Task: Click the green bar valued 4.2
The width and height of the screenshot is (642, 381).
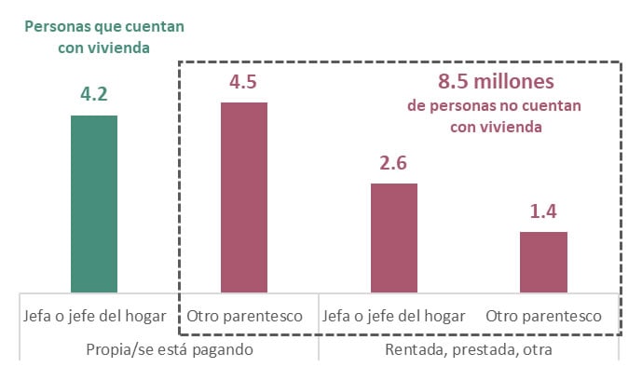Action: (94, 203)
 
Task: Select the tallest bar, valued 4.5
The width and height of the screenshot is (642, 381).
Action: (243, 197)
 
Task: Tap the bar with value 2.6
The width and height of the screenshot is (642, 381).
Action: (394, 238)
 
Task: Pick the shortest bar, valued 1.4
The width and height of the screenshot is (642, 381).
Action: (543, 262)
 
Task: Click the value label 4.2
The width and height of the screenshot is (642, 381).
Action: (94, 93)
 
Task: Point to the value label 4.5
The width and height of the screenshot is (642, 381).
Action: (243, 81)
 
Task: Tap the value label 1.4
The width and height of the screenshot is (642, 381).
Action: (543, 211)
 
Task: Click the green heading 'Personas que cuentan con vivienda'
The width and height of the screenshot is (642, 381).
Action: (103, 36)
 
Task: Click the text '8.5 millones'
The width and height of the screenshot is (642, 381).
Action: (496, 81)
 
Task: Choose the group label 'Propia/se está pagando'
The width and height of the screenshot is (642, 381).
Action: (169, 349)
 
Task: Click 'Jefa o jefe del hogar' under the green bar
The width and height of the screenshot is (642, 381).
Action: (94, 316)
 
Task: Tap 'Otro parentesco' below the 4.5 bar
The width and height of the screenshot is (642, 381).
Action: (244, 316)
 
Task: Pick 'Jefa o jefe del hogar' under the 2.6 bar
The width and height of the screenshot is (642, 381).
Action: (394, 316)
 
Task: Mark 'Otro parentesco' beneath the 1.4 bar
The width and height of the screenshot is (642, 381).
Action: (543, 316)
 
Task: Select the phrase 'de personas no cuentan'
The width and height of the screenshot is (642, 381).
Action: (495, 106)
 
